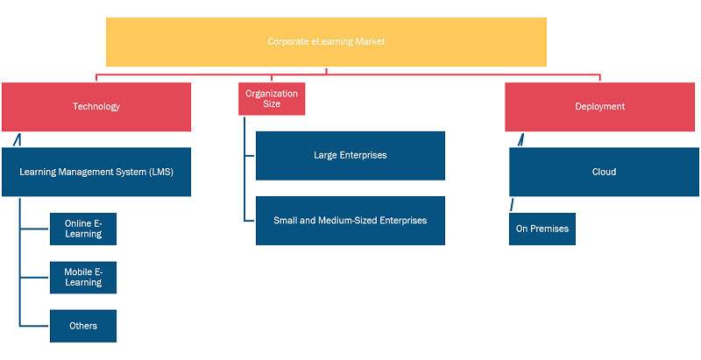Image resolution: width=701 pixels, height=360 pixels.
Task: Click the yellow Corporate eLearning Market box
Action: point(326,42)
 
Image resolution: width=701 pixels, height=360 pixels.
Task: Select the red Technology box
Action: point(96,107)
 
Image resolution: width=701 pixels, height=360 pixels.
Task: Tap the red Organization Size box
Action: point(272,99)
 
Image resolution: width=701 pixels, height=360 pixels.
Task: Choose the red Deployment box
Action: point(599,107)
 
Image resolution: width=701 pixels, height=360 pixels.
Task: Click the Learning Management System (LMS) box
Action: point(96,172)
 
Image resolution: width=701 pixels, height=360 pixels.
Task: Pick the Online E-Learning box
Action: point(83,229)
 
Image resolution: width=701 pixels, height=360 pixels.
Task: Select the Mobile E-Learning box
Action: point(83,278)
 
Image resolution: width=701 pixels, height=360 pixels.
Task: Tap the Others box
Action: point(83,326)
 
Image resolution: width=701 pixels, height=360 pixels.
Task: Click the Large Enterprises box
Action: point(350,155)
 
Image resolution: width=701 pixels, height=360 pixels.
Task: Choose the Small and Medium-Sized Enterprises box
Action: point(350,221)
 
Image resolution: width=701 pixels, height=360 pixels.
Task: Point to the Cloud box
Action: point(604,172)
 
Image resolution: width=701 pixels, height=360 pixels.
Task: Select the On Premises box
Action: point(542,229)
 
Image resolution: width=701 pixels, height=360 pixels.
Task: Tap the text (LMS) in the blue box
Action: point(161,172)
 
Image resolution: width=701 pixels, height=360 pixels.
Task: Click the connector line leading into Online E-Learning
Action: point(35,229)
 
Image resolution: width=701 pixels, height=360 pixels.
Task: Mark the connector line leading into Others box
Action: point(35,326)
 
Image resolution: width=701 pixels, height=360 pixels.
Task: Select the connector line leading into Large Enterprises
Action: point(250,155)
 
